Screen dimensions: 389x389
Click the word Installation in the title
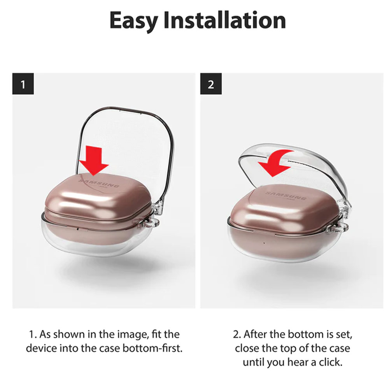point(225,20)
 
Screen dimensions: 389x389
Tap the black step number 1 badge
point(23,84)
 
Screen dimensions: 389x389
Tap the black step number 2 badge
point(211,84)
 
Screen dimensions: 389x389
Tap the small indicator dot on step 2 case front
point(264,243)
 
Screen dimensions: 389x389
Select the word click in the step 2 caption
point(330,363)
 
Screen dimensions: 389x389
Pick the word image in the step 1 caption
point(133,335)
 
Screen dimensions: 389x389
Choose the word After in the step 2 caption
point(256,334)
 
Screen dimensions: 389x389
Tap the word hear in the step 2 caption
point(297,363)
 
